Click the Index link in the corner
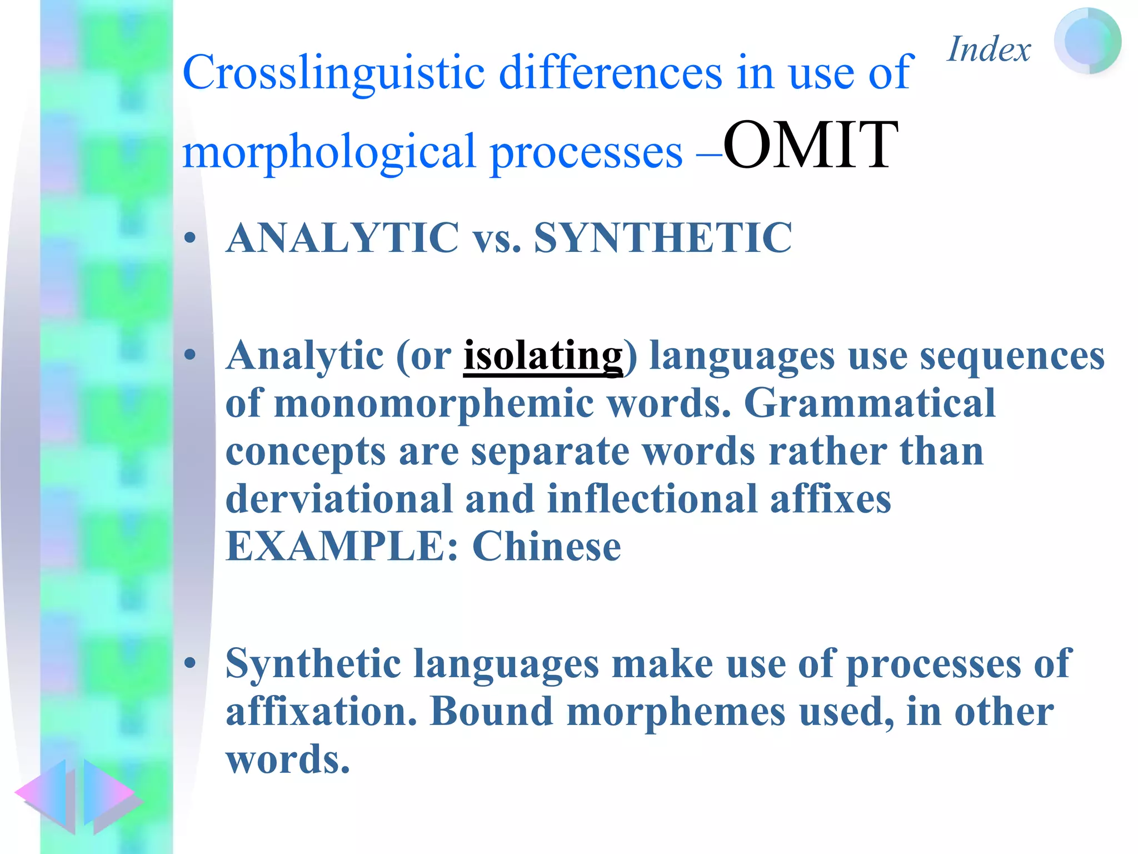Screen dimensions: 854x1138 tap(989, 49)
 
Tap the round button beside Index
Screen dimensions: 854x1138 tap(1087, 41)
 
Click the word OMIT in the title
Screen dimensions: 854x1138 tap(810, 146)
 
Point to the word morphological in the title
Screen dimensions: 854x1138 tap(329, 152)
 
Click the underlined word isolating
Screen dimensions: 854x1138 tap(543, 356)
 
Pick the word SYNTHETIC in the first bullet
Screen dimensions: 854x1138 tap(662, 238)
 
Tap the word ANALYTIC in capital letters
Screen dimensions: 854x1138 tap(342, 238)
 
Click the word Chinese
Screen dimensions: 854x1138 tap(546, 547)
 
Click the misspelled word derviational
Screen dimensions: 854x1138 tap(338, 499)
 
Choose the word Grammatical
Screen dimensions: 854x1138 tap(869, 403)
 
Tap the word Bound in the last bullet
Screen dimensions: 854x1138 tap(491, 712)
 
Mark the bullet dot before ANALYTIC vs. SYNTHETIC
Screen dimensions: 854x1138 tap(191, 239)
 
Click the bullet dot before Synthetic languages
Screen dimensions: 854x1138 tap(191, 663)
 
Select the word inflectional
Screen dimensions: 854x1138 tap(652, 499)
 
